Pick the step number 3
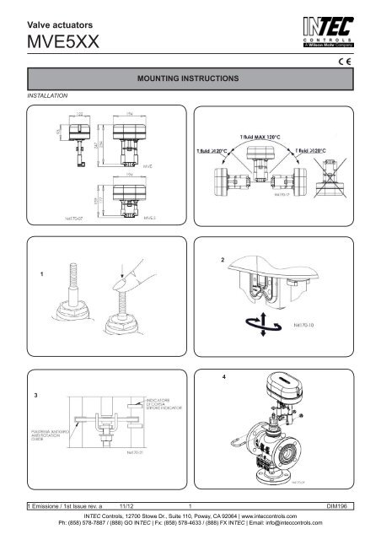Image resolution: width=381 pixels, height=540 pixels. click(x=35, y=395)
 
